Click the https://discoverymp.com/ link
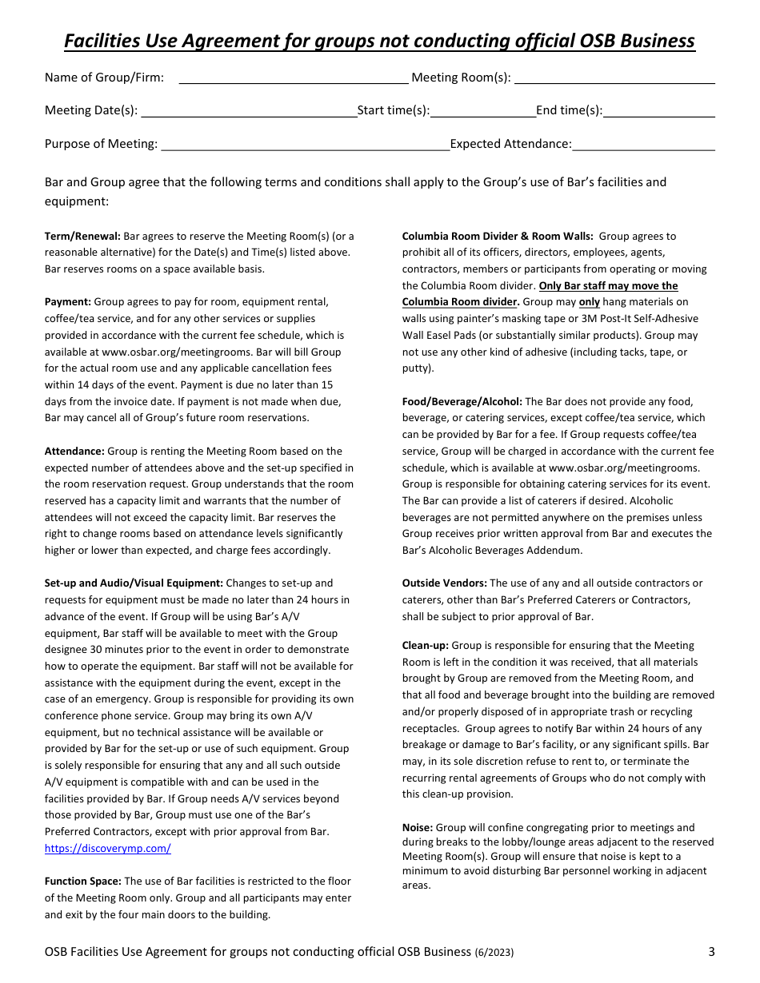pos(107,849)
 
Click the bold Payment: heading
pos(68,302)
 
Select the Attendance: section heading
pos(74,452)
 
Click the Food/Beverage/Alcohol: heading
pos(462,402)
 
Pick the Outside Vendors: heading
pos(444,583)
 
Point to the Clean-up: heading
pos(426,646)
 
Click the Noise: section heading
pos(418,828)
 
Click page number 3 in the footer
pos(711,952)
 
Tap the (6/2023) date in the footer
pos(494,953)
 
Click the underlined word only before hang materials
pos(590,302)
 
